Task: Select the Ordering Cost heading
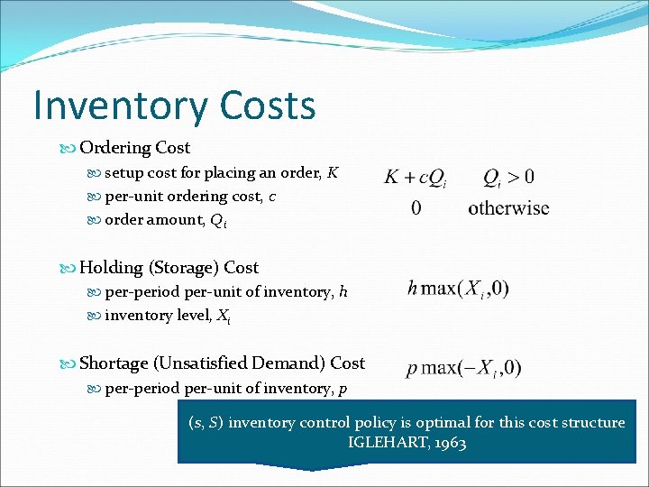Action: (x=134, y=147)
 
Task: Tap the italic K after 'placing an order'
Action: (x=334, y=171)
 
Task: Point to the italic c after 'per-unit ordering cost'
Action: (x=272, y=195)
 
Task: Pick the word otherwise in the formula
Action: (x=508, y=207)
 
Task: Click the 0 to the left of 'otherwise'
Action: (x=416, y=207)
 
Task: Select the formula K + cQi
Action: (x=416, y=177)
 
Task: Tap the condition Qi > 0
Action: (x=508, y=177)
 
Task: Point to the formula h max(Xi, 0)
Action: (x=458, y=289)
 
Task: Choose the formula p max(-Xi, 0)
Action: (x=463, y=368)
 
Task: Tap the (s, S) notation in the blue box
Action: (x=206, y=422)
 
